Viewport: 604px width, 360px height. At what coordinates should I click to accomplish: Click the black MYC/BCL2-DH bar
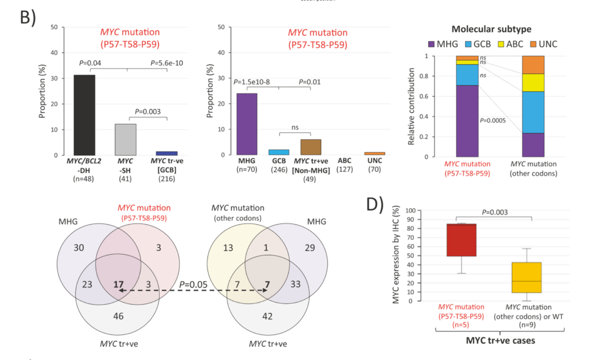(x=84, y=115)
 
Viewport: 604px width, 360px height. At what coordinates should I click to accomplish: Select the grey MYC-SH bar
(x=126, y=140)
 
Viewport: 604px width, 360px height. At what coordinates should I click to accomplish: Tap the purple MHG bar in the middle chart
(x=247, y=124)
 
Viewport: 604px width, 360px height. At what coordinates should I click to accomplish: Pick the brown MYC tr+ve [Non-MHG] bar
(x=311, y=147)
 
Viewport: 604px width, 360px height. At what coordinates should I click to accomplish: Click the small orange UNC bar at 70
(x=375, y=154)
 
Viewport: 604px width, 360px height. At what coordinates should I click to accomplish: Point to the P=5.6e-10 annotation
(x=166, y=63)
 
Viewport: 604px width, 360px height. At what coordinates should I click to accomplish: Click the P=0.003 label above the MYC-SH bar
(x=148, y=111)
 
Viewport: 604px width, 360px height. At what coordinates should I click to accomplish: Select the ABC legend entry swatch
(x=501, y=44)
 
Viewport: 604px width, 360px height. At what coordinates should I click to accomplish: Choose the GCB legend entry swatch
(x=468, y=44)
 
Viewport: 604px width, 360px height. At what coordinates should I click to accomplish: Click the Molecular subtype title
(x=491, y=29)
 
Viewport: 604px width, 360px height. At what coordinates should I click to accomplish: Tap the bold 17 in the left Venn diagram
(x=118, y=284)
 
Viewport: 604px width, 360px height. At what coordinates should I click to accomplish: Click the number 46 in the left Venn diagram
(x=118, y=316)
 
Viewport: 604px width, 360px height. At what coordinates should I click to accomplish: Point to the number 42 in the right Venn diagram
(x=268, y=316)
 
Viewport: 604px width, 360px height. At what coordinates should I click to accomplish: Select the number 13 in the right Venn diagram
(x=228, y=248)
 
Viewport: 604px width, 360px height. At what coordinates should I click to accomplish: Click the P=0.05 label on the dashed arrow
(x=193, y=284)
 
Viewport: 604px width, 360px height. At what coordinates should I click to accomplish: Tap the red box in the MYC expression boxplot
(x=462, y=240)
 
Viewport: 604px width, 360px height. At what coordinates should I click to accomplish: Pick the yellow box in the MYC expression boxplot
(x=527, y=277)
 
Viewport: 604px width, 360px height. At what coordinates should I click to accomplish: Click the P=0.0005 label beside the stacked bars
(x=493, y=120)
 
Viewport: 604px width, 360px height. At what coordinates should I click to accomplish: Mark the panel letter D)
(x=375, y=204)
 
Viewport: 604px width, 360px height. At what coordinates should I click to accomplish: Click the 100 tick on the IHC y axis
(x=410, y=210)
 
